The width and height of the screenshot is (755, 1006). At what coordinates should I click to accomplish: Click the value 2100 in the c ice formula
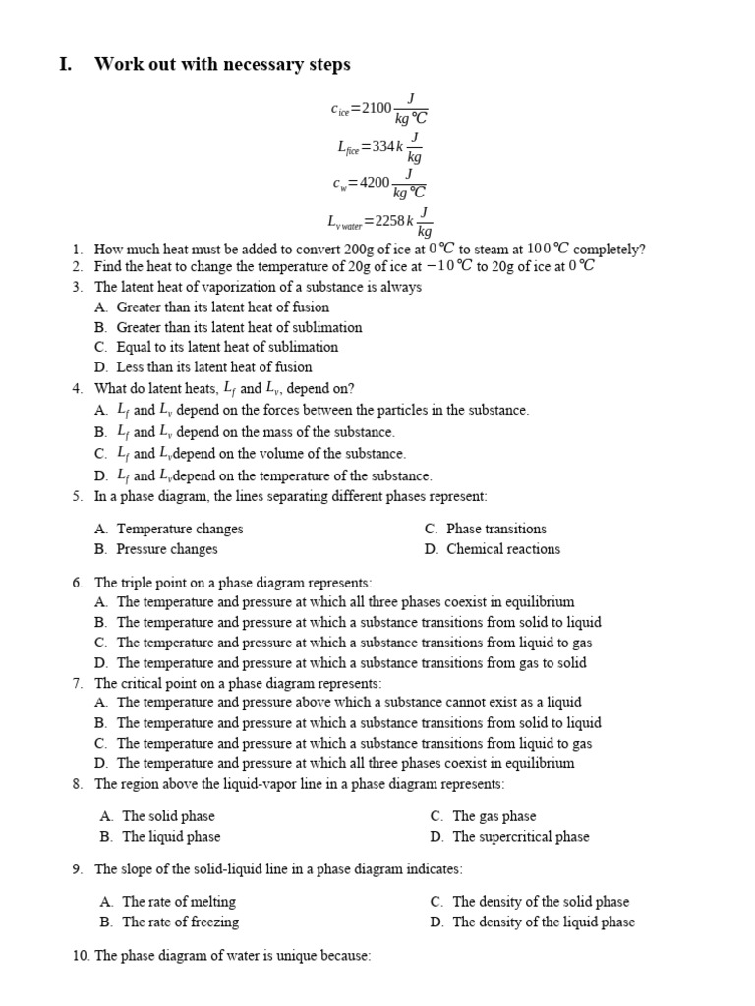377,108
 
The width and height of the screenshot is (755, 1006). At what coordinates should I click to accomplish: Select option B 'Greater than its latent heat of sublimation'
239,327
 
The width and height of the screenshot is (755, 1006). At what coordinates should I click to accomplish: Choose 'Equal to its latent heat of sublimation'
227,347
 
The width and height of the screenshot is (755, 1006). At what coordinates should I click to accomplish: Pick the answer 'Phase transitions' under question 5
496,529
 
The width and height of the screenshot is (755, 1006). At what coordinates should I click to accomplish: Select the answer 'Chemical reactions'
503,549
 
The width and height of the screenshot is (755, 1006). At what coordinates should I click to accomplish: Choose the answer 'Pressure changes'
167,549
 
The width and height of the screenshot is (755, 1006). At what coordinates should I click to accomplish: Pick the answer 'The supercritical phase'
521,837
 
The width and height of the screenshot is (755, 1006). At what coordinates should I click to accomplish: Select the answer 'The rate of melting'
179,902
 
